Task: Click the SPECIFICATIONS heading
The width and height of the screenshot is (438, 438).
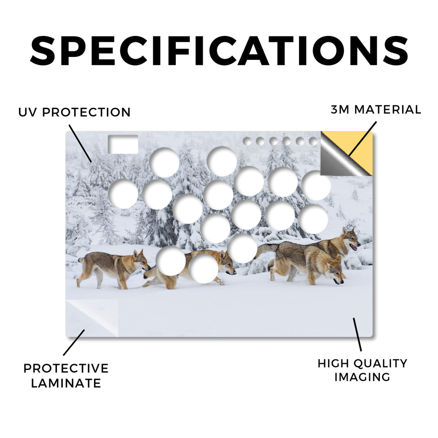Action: click(219, 51)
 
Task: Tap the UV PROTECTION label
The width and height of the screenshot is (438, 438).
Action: click(74, 112)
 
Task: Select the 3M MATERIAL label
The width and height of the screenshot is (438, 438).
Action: click(376, 109)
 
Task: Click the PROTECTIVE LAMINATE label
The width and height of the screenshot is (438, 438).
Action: click(66, 376)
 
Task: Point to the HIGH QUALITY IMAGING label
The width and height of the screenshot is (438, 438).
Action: click(362, 370)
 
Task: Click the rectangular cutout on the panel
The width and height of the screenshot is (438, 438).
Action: click(123, 144)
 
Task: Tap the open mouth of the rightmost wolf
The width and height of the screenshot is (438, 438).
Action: click(354, 247)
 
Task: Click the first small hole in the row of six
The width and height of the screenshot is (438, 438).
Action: click(247, 141)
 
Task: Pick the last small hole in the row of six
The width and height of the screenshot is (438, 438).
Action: click(314, 141)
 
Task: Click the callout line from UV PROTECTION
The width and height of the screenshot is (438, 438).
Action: click(80, 144)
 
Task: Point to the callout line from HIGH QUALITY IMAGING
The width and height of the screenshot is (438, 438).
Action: click(357, 334)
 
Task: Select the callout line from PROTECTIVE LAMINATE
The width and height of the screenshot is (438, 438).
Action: click(74, 343)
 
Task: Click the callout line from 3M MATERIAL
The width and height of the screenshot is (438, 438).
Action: click(362, 139)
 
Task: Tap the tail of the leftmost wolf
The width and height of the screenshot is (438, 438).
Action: click(81, 260)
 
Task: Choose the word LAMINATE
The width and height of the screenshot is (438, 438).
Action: click(66, 383)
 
